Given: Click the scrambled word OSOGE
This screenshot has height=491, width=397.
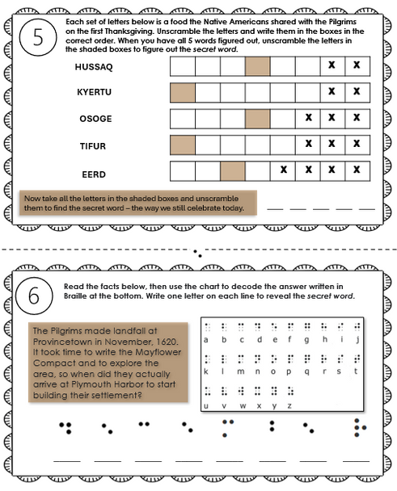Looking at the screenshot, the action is (x=94, y=119).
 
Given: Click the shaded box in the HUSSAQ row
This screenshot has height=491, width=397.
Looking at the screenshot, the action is (x=258, y=65).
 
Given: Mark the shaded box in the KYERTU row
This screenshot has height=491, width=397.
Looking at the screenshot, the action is (x=183, y=92).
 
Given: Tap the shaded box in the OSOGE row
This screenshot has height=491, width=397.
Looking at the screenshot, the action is (x=258, y=119).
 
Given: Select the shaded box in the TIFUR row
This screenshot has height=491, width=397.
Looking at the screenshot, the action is (x=183, y=145).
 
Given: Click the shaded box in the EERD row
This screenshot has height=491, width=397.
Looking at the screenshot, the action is (x=233, y=171).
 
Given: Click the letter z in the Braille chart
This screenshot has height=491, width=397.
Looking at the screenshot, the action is (x=284, y=405).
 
